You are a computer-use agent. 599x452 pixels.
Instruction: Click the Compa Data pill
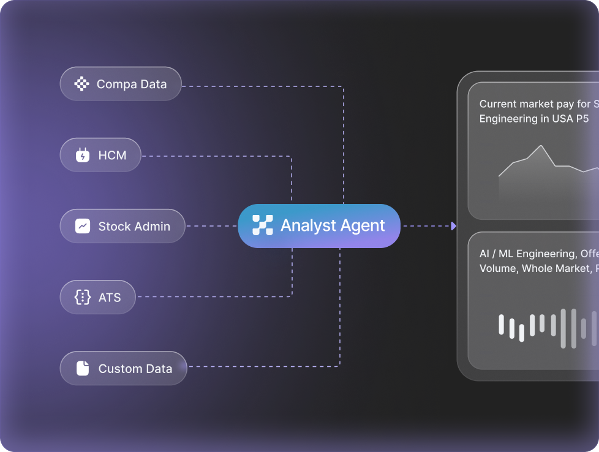point(121,84)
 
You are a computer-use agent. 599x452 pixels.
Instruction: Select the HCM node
point(100,155)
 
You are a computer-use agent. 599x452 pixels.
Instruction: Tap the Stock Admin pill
point(122,226)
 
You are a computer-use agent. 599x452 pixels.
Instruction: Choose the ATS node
point(97,298)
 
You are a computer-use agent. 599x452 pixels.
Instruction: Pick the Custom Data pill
point(123,369)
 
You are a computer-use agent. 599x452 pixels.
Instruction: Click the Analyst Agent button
point(318,226)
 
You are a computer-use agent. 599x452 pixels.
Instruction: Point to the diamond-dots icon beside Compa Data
point(81,84)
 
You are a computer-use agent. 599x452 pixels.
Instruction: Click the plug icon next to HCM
point(83,156)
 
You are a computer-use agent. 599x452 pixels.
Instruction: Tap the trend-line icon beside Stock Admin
point(83,226)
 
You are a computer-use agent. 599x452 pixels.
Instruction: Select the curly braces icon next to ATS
point(83,298)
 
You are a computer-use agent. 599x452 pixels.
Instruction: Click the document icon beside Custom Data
point(83,369)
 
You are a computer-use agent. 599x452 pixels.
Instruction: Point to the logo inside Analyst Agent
point(262,226)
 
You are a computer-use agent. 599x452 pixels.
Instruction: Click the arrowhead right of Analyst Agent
point(453,226)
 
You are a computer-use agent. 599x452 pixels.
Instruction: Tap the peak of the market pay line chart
point(541,146)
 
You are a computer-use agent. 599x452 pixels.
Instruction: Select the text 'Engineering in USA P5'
point(533,119)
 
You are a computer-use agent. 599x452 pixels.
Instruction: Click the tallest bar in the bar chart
point(573,328)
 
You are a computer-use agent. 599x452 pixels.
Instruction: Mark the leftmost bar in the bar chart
point(501,325)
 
